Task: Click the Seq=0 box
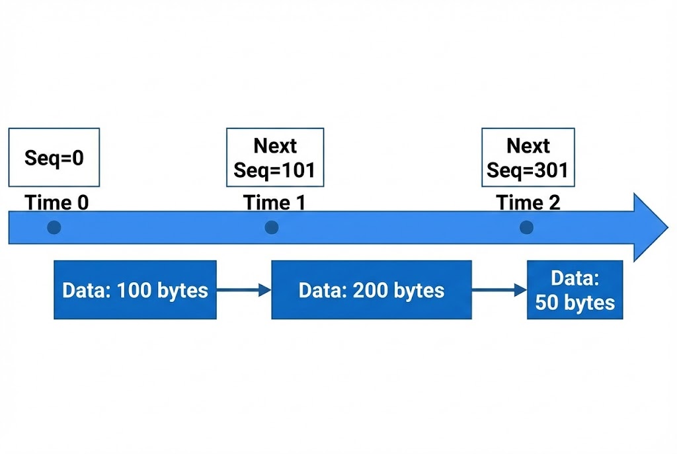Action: pos(54,157)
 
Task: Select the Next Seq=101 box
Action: pos(275,157)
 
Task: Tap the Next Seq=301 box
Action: pos(528,157)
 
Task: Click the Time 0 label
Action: pos(57,202)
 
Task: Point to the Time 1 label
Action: pos(274,202)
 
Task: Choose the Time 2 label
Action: pos(528,202)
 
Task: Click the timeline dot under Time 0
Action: pos(54,227)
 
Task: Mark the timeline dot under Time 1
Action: pos(271,227)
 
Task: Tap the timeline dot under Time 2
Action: pos(526,227)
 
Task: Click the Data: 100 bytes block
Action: pos(135,290)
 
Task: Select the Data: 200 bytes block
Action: pos(372,290)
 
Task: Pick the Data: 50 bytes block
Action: pos(575,290)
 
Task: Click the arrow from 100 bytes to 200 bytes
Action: pos(244,289)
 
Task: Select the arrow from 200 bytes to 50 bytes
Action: pos(499,289)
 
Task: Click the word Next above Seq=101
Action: pos(275,145)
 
